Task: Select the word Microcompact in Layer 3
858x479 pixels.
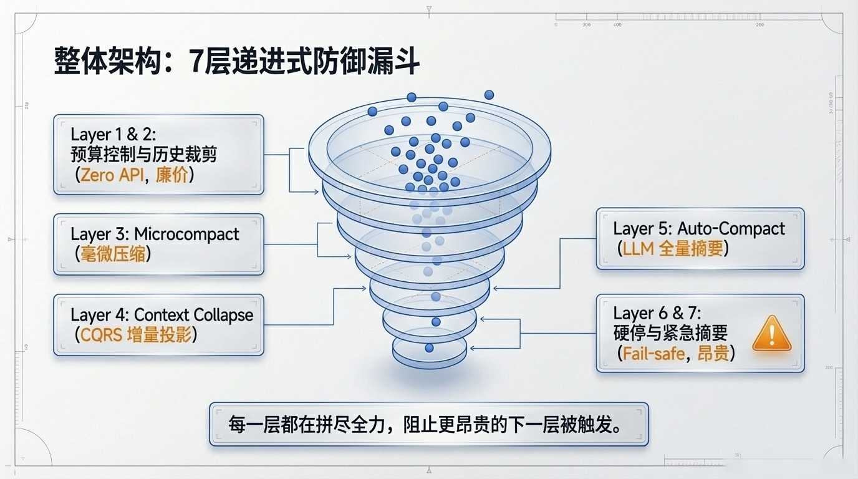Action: click(x=186, y=235)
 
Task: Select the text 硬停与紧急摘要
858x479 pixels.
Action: click(x=670, y=334)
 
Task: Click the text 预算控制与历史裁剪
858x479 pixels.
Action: click(x=144, y=154)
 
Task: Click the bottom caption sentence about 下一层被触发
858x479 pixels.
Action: click(x=428, y=424)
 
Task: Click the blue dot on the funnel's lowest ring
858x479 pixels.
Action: click(x=429, y=348)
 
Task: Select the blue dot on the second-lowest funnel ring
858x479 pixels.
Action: click(x=436, y=322)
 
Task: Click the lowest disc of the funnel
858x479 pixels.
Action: click(x=429, y=352)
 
